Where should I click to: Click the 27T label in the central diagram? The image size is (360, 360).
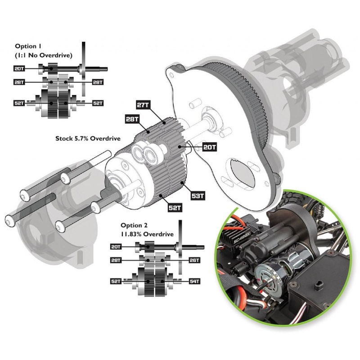(143, 105)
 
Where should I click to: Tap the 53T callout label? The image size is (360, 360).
(198, 196)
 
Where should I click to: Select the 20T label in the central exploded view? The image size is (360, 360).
(209, 147)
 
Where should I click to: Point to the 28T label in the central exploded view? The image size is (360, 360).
(132, 119)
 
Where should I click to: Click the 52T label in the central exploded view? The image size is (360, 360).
(175, 208)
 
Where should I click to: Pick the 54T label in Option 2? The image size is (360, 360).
(194, 281)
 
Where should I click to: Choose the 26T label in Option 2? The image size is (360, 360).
(194, 260)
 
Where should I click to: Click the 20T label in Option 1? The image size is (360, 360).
(19, 68)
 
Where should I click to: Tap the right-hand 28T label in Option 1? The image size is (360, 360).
(98, 82)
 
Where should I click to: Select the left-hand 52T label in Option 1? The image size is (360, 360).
(19, 103)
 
